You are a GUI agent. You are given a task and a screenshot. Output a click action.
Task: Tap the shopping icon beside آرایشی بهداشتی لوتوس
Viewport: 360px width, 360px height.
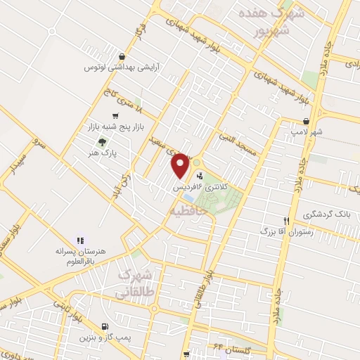click(x=123, y=58)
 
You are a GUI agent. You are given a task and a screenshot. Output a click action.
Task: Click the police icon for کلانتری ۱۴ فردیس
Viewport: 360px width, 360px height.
click(x=202, y=177)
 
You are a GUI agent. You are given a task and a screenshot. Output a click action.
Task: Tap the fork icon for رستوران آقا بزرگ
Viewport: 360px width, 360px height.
click(x=285, y=220)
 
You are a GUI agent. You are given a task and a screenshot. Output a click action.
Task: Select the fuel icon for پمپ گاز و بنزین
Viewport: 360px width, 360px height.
click(x=105, y=326)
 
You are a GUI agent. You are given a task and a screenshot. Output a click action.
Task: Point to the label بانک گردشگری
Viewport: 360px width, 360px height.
click(x=326, y=214)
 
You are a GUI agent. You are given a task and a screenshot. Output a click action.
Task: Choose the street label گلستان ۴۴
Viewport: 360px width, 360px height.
click(x=238, y=349)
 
